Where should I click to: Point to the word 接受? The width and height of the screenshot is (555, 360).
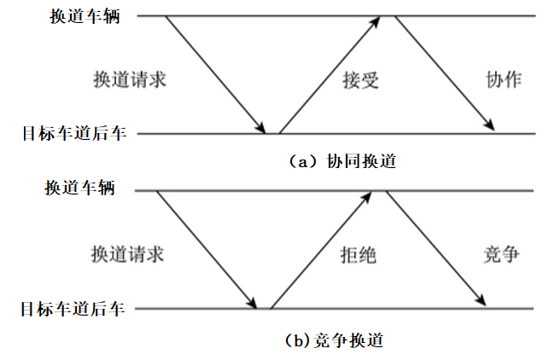[x=360, y=80]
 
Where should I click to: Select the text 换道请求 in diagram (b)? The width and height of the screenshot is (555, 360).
[x=127, y=254]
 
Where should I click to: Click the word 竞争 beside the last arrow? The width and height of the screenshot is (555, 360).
[x=501, y=254]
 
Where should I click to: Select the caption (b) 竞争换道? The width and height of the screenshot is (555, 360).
[x=333, y=340]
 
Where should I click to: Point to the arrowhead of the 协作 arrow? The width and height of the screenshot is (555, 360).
[x=490, y=127]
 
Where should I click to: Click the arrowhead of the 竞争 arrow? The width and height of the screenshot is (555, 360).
[x=482, y=301]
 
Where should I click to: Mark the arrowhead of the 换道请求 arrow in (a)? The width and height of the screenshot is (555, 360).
[x=261, y=128]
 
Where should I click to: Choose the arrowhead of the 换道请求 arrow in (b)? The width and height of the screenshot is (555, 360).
[x=253, y=302]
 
